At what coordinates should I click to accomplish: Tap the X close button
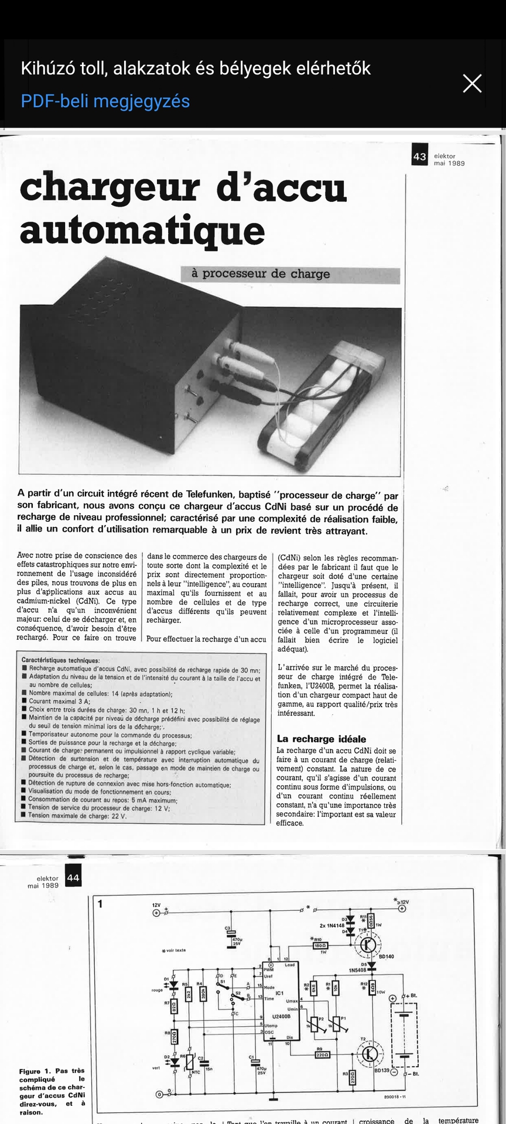tap(472, 84)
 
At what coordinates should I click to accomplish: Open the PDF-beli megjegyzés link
tap(105, 101)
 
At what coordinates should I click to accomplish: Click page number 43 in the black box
tap(419, 156)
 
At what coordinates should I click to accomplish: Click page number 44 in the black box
tap(73, 878)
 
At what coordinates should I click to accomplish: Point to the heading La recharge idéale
tap(321, 739)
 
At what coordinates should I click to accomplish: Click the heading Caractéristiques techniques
tap(60, 660)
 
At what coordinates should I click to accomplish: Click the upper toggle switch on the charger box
tap(192, 389)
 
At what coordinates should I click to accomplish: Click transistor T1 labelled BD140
tap(368, 944)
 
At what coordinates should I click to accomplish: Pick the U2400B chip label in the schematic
tap(281, 1016)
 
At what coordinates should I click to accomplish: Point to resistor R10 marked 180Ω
tap(320, 945)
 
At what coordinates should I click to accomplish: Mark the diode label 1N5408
tap(357, 970)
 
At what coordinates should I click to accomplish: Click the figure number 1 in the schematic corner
tap(100, 904)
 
